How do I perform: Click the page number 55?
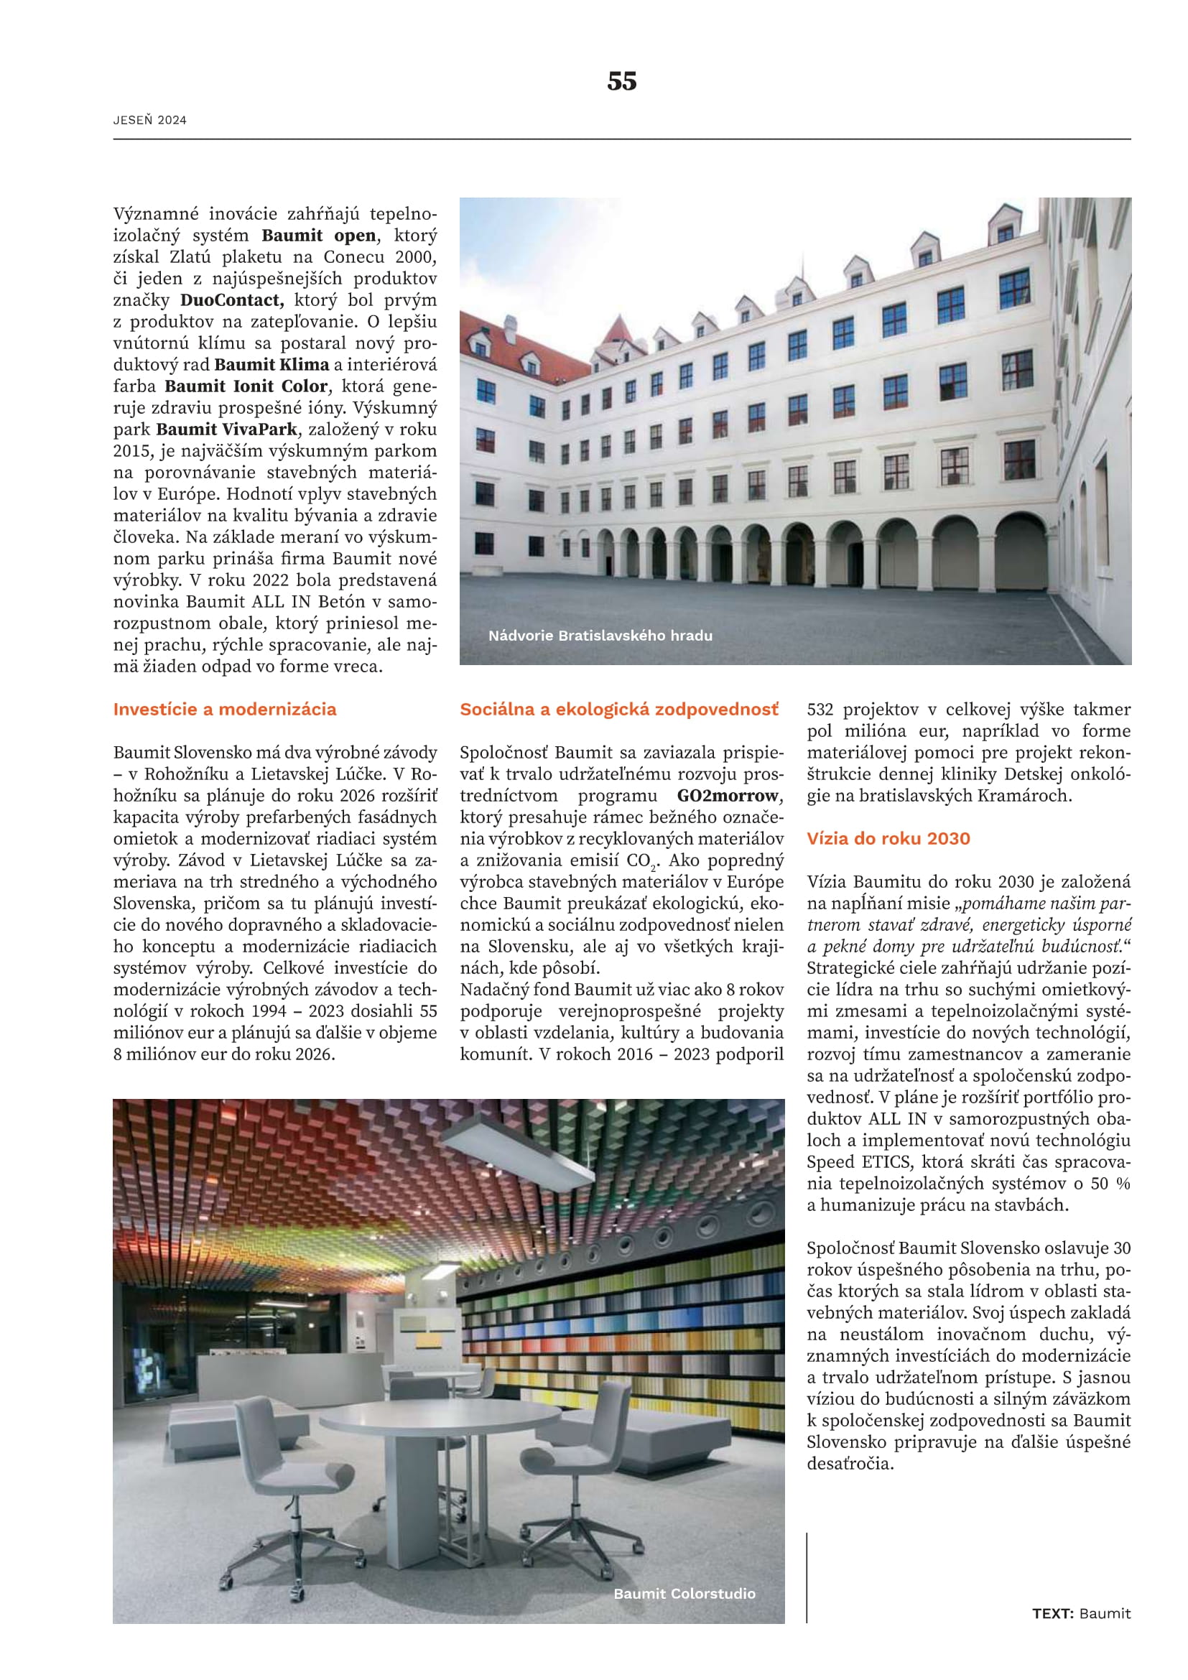[x=621, y=81]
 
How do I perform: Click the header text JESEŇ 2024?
[x=150, y=121]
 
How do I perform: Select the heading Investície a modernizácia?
[x=225, y=709]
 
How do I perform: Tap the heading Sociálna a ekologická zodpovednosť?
[x=619, y=709]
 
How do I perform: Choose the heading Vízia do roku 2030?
[x=888, y=838]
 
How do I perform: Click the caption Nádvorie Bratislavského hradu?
[x=600, y=635]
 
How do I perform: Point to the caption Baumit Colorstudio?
[x=684, y=1593]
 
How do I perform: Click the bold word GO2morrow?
[x=728, y=795]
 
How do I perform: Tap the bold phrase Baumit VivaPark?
[x=227, y=430]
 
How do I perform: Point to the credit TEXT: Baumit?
[x=1081, y=1613]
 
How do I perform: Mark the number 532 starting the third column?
[x=822, y=710]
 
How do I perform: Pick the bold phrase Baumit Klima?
[x=272, y=365]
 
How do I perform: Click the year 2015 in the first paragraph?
[x=129, y=452]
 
